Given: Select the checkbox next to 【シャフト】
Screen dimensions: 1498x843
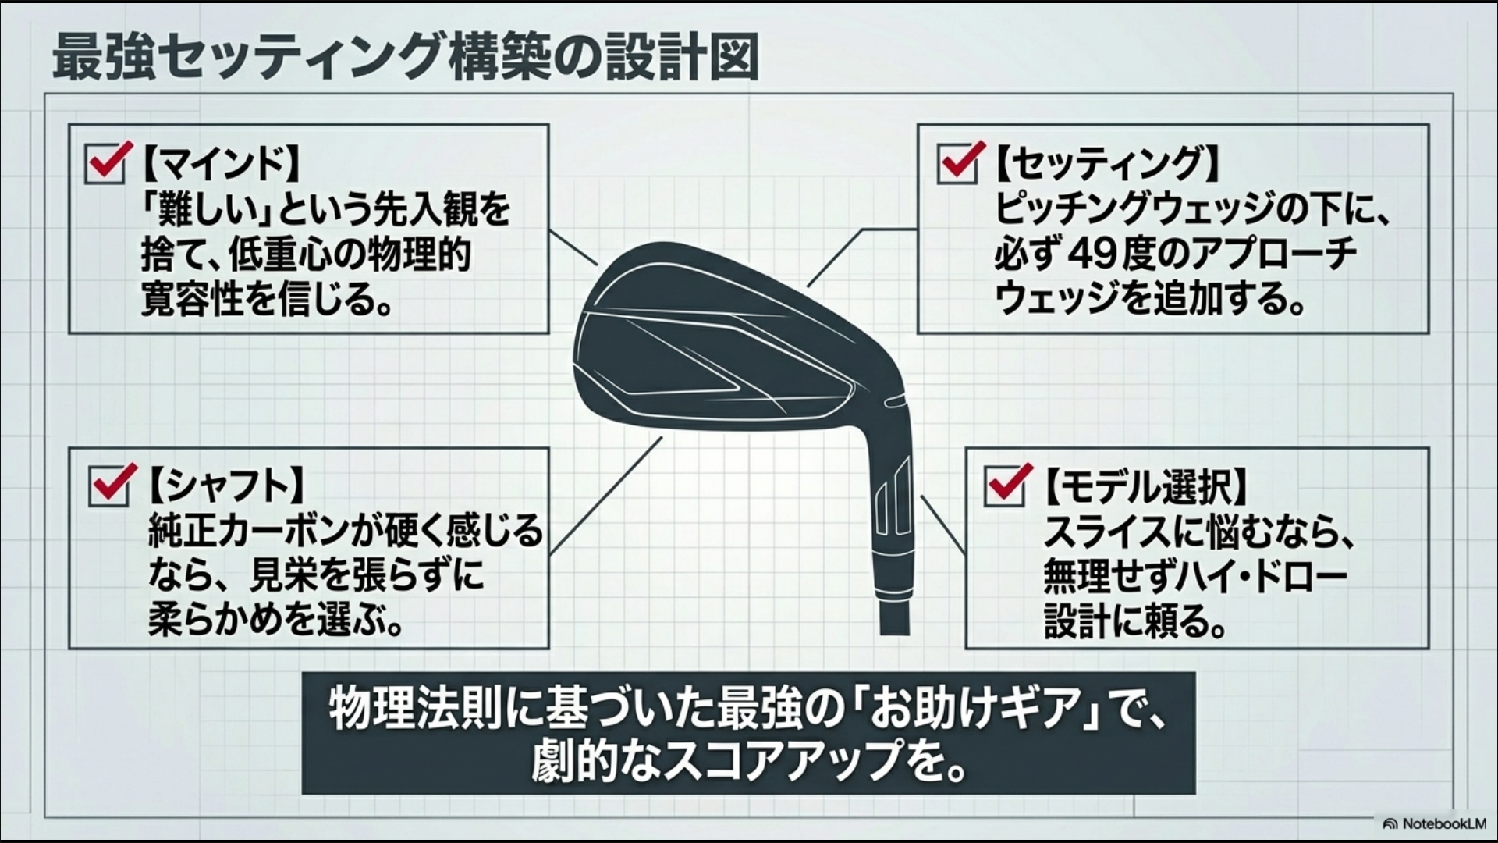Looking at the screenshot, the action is tap(109, 486).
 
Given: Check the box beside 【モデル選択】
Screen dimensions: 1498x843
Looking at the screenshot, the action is tap(1004, 486).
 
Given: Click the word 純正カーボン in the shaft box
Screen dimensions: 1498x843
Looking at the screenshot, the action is tap(247, 531).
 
